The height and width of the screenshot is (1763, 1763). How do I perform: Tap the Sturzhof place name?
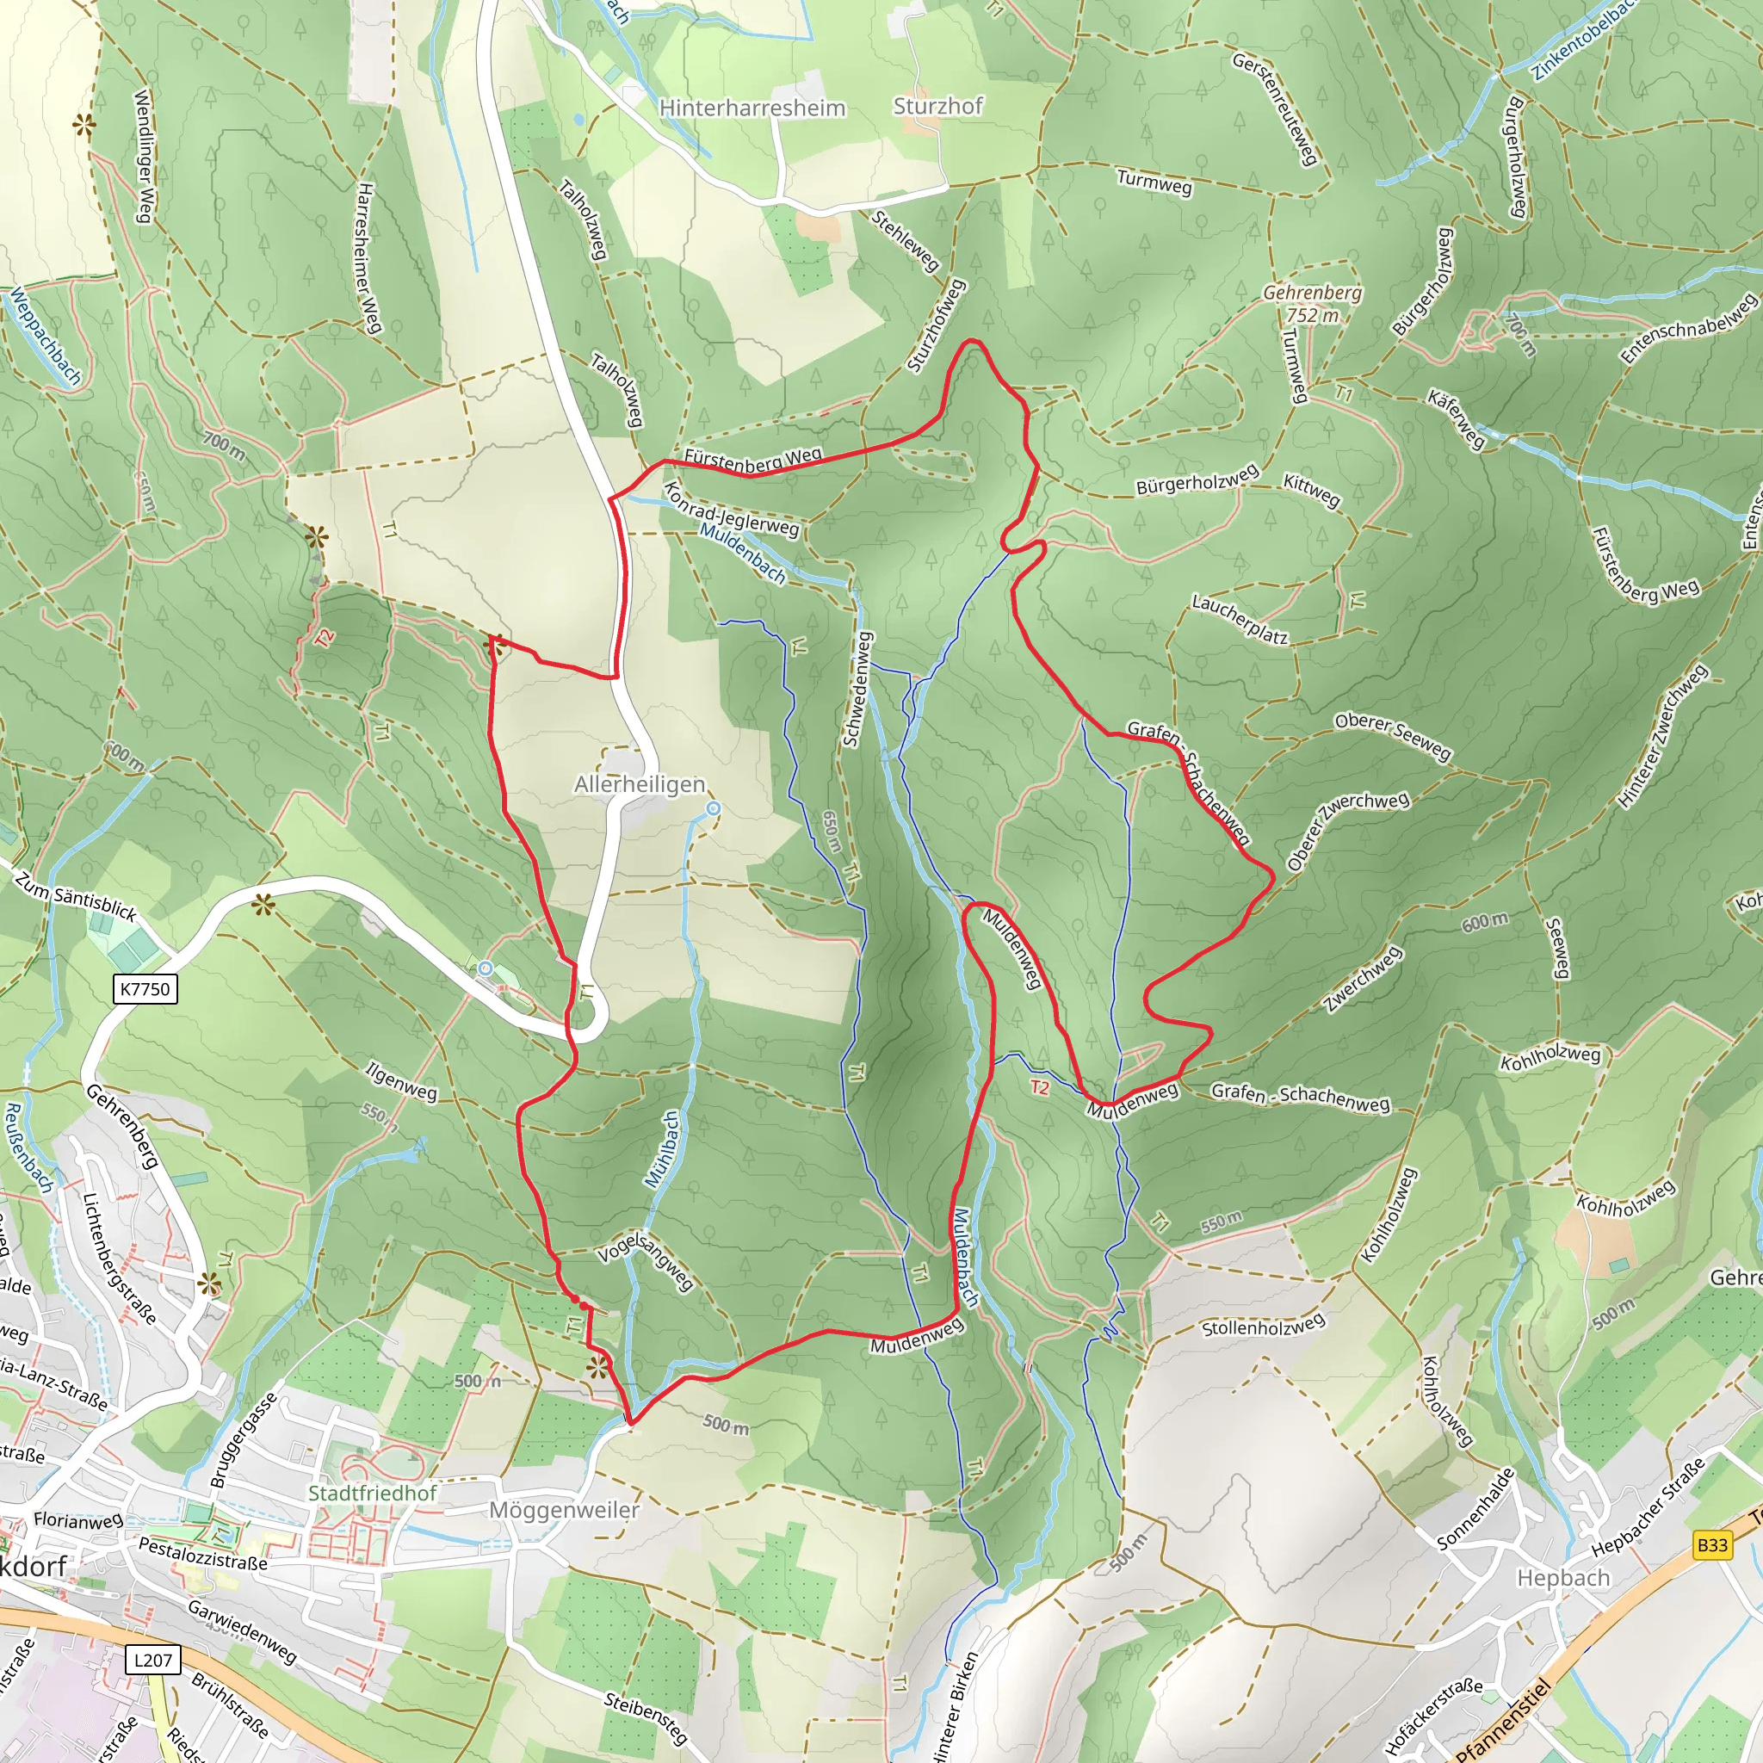click(937, 106)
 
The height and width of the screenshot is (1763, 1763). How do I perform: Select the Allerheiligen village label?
click(640, 784)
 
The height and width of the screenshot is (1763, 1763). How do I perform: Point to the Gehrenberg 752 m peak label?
click(1312, 303)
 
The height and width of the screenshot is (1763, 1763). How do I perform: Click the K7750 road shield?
click(145, 988)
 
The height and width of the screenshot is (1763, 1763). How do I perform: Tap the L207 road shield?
click(152, 1659)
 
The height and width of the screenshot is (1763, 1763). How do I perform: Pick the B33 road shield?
click(1712, 1544)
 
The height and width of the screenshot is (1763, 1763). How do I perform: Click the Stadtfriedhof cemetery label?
click(372, 1493)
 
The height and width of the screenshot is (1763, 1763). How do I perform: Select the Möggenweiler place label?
click(564, 1509)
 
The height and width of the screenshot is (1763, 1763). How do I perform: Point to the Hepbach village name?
click(1563, 1578)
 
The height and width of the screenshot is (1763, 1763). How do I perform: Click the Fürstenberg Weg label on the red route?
click(753, 459)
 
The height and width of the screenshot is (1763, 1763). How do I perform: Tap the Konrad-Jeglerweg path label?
click(731, 510)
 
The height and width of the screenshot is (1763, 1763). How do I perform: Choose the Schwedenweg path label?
click(857, 689)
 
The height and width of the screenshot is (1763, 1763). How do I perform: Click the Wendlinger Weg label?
click(143, 155)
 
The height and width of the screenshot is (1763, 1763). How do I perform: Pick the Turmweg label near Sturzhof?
click(1154, 182)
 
